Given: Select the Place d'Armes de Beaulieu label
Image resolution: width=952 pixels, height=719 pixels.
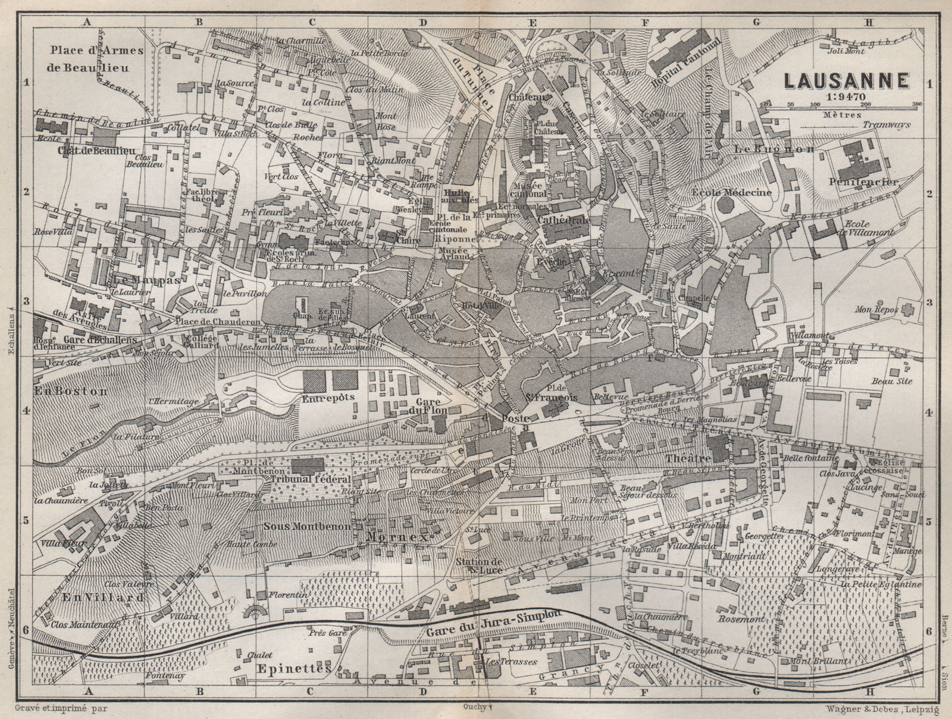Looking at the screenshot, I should tap(96, 58).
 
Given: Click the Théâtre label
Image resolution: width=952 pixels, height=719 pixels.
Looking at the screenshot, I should tap(689, 459).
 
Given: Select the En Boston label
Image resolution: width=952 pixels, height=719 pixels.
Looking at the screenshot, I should tap(70, 392).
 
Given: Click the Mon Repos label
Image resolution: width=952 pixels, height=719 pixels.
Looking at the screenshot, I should tap(875, 310).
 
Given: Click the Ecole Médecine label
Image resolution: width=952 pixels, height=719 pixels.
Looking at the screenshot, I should tap(731, 192).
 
